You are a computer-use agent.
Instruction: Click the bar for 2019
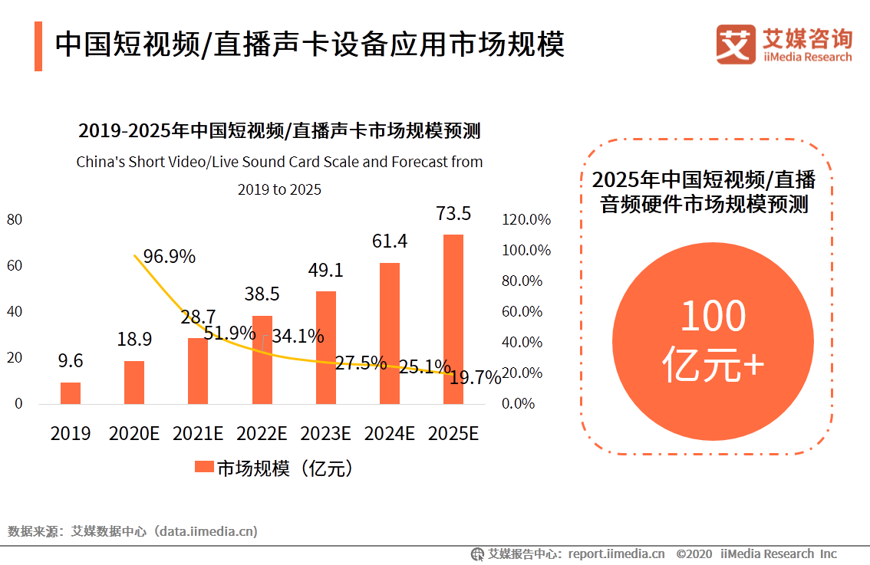pos(71,393)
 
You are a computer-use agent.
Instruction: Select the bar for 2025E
pos(453,319)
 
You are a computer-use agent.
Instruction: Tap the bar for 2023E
pos(326,347)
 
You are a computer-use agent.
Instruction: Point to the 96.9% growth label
pos(169,256)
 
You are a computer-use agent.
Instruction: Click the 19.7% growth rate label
pos(475,377)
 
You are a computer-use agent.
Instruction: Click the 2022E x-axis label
pos(262,433)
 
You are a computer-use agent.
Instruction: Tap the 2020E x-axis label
pos(134,433)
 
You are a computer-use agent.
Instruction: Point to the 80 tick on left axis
pos(15,220)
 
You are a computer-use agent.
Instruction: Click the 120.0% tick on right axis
pos(526,220)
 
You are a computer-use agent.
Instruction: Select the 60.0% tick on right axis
pos(522,312)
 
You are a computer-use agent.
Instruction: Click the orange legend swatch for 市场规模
pos(204,468)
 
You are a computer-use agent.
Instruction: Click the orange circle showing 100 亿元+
pos(713,343)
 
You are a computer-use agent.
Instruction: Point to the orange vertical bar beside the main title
pos(38,46)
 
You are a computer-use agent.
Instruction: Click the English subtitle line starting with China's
pos(279,162)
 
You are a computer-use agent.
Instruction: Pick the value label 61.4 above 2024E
pos(390,241)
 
